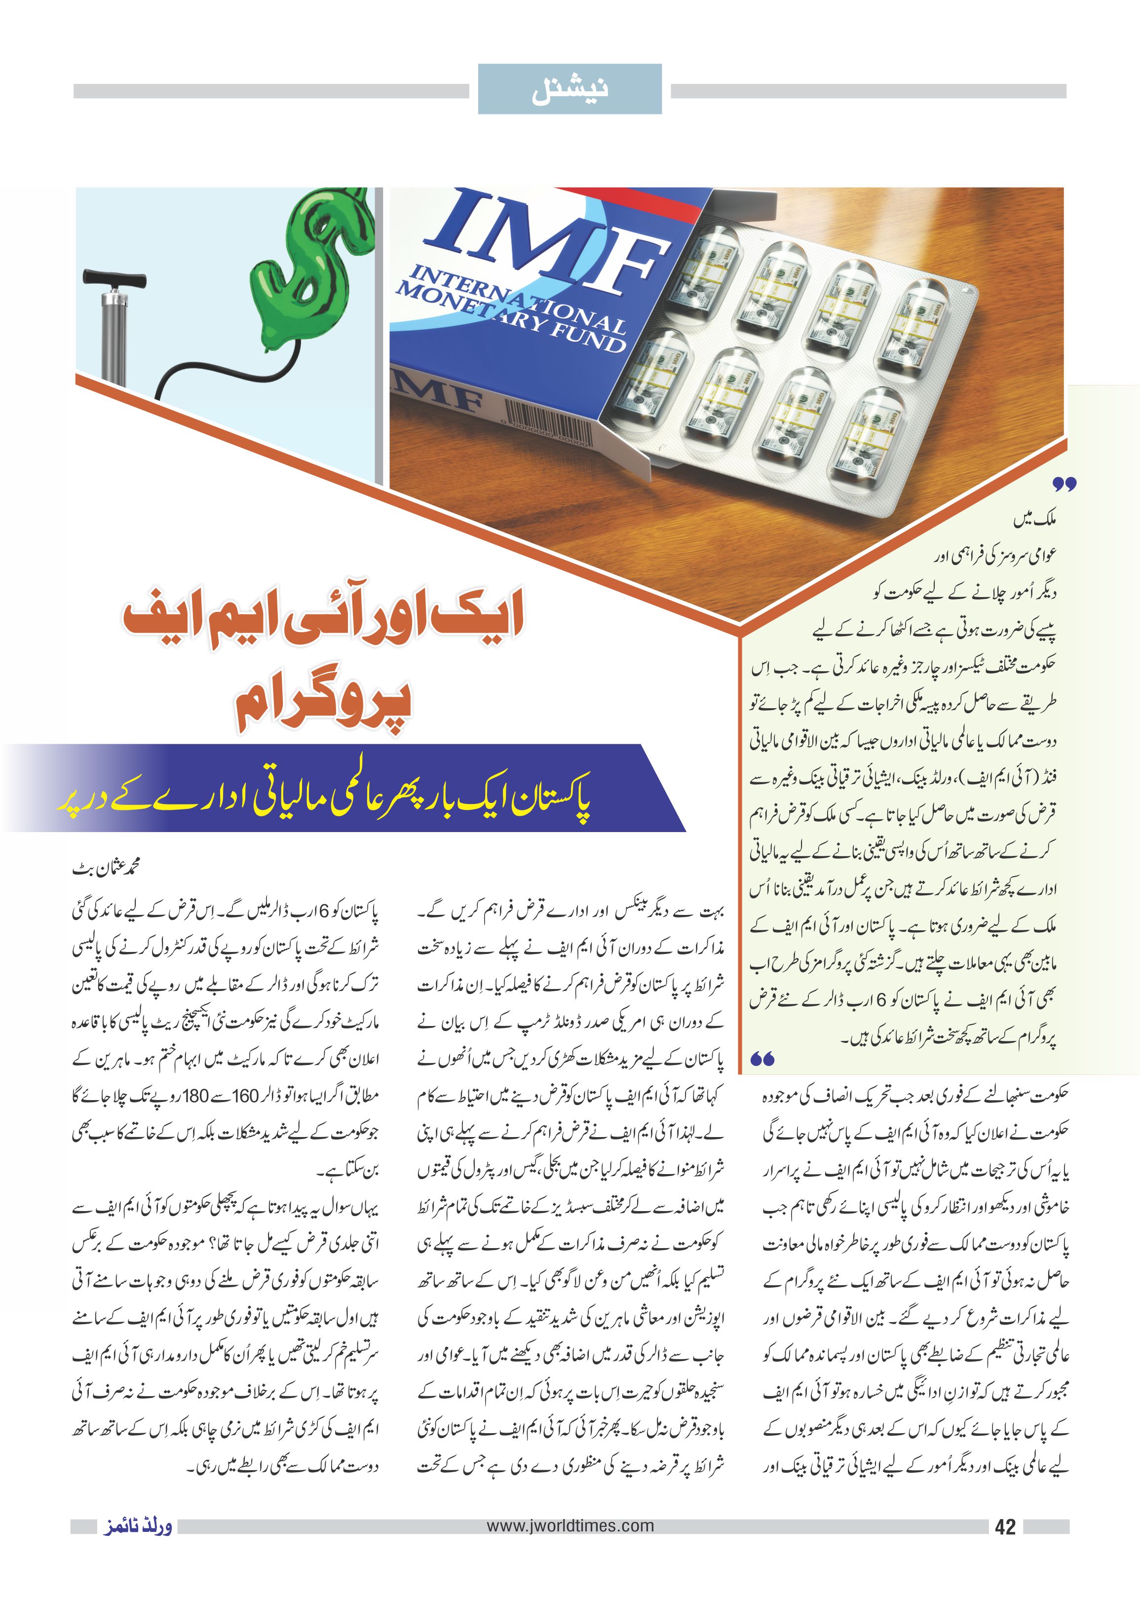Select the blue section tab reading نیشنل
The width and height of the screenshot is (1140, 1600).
click(x=570, y=89)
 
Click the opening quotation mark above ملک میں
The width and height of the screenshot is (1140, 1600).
click(x=1064, y=484)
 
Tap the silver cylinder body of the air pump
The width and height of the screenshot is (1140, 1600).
click(x=113, y=330)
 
